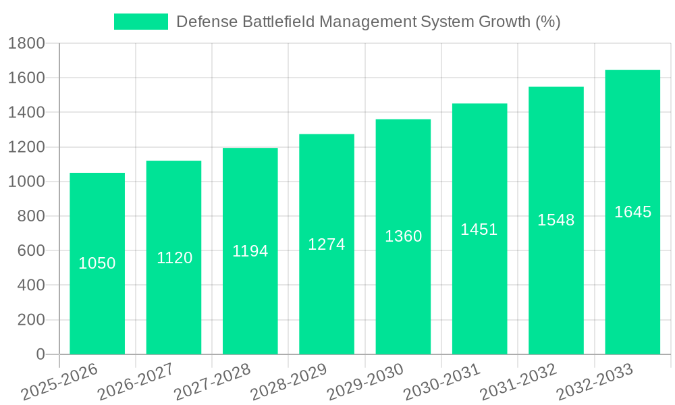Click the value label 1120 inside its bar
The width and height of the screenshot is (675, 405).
[x=174, y=258]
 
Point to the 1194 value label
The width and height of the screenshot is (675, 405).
[x=250, y=251]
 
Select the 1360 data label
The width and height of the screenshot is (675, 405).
[x=403, y=236]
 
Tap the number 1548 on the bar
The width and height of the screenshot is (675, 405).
[x=556, y=220]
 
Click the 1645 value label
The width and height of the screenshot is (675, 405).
[x=632, y=212]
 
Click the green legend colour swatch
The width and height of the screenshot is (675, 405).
[x=140, y=22]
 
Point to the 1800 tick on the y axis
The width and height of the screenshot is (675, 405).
[x=26, y=44]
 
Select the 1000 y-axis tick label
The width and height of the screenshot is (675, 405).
[x=26, y=182]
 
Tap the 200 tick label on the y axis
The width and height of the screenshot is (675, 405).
[x=31, y=320]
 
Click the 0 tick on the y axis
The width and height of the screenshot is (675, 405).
[x=40, y=354]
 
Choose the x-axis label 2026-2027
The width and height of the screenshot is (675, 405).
[x=136, y=383]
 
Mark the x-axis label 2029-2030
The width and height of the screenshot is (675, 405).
[x=365, y=383]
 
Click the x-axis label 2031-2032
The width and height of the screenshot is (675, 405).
[x=518, y=383]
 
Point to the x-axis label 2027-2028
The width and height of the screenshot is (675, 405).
[x=212, y=383]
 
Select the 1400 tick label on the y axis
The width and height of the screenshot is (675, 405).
[x=26, y=113]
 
